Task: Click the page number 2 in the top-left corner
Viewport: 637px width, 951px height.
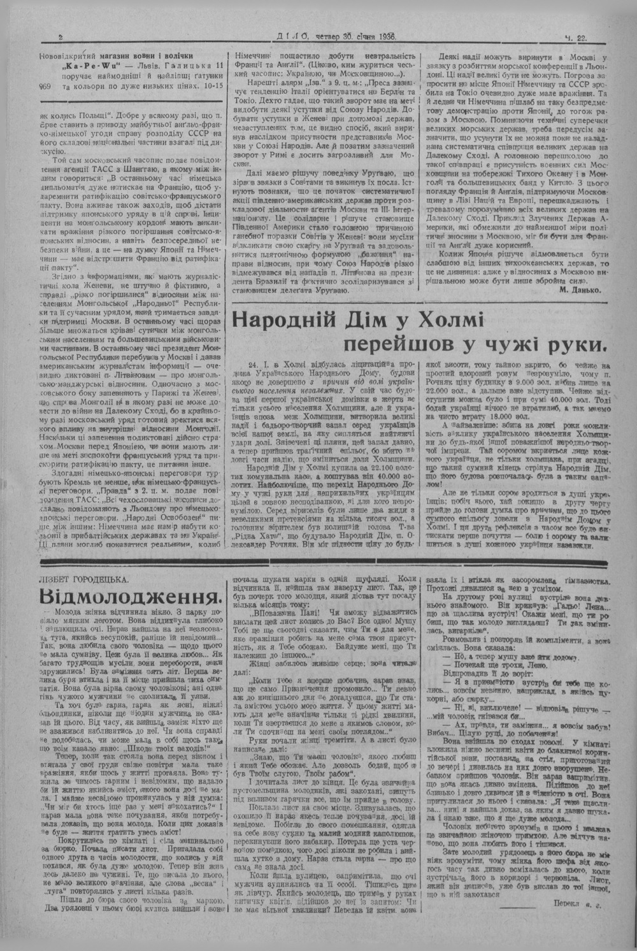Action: (x=59, y=38)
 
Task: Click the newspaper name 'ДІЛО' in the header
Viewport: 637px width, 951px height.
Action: (x=294, y=38)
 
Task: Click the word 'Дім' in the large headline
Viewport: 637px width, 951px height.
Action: (x=373, y=319)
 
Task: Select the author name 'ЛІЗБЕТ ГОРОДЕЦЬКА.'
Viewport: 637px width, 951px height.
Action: (x=83, y=579)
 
